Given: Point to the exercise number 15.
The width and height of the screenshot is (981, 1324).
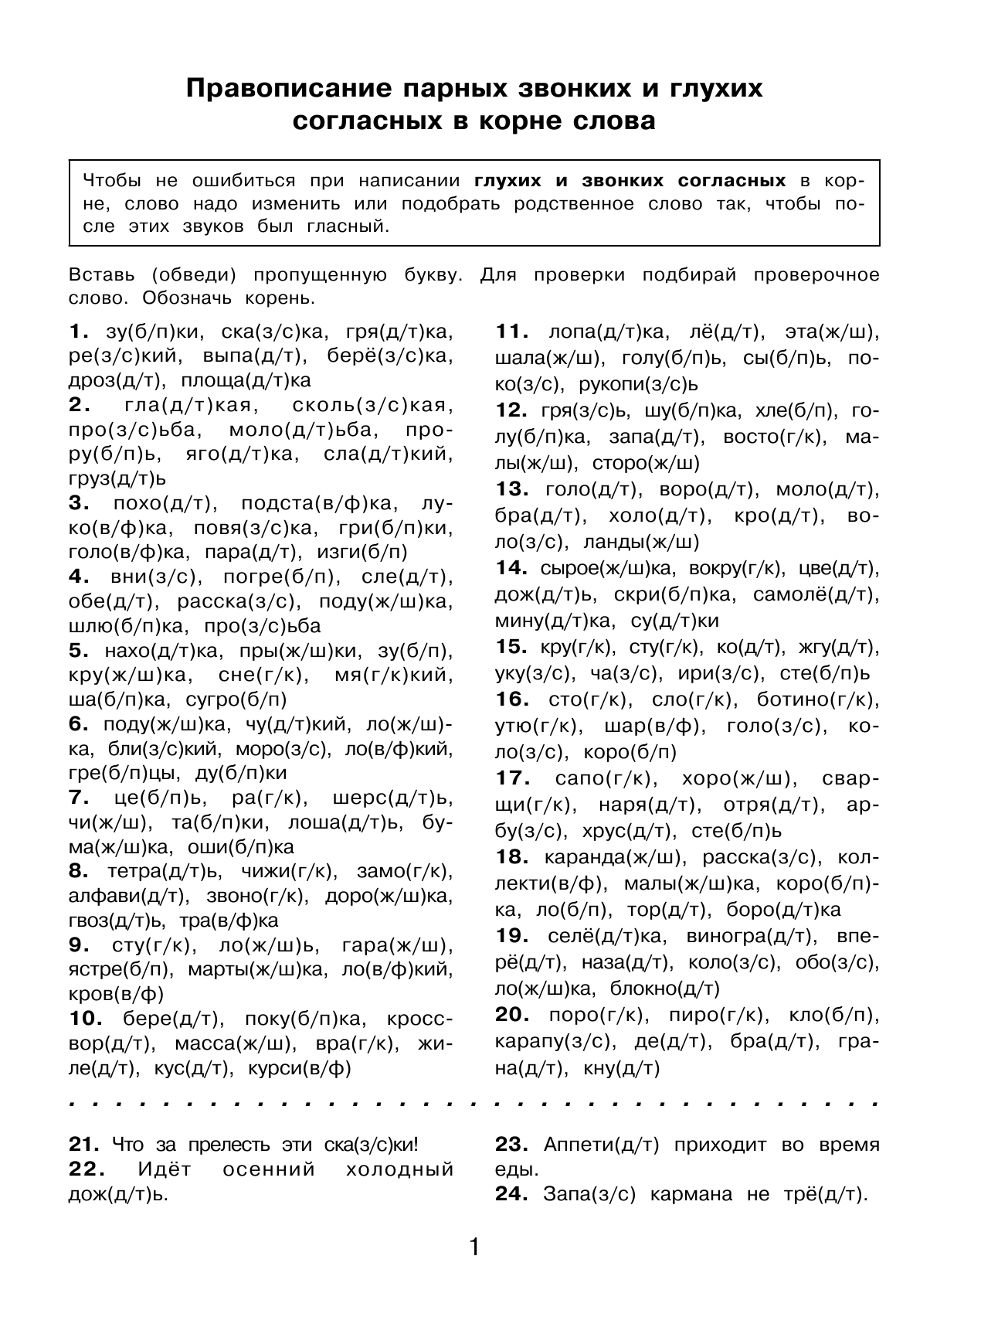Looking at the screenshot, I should (x=511, y=646).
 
